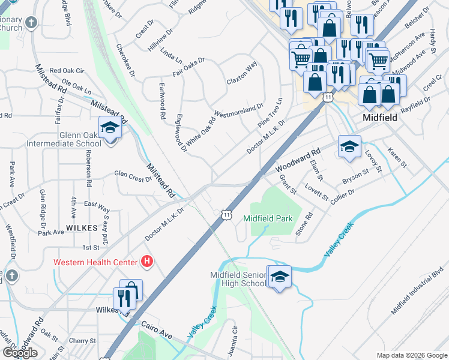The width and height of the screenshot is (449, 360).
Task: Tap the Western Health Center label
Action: [x=95, y=262]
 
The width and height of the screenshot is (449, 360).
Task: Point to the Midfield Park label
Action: [x=268, y=218]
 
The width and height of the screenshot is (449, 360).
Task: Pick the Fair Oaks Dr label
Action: [x=188, y=65]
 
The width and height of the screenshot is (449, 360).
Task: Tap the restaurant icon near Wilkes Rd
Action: [x=122, y=298]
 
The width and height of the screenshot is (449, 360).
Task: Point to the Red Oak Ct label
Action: [x=64, y=71]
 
